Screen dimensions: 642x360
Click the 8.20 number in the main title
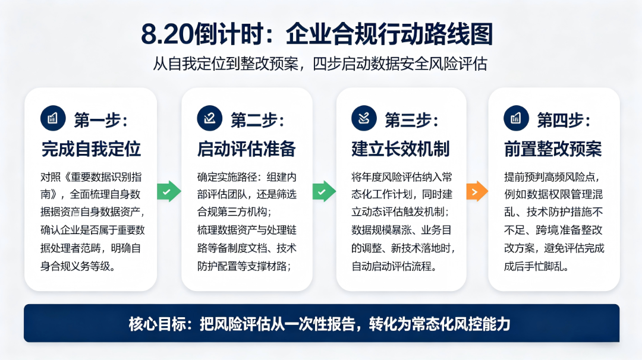point(167,33)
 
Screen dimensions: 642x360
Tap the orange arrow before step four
point(477,191)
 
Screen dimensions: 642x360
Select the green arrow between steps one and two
point(169,191)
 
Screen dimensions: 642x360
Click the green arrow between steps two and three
point(325,191)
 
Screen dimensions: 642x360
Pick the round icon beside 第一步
point(53,118)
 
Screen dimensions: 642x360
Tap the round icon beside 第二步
point(210,118)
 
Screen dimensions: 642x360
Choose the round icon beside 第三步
point(364,118)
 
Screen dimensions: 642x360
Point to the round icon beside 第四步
point(517,118)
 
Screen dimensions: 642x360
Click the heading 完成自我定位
point(91,149)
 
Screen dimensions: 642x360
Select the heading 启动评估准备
point(247,149)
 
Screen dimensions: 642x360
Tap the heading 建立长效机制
point(401,149)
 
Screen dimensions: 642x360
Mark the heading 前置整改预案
point(553,149)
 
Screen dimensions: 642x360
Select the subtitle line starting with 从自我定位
point(320,64)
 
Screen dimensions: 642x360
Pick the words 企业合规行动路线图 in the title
point(389,33)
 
